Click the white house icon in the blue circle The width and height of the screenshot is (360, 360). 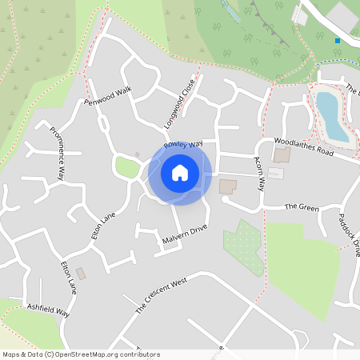pyautogui.click(x=180, y=172)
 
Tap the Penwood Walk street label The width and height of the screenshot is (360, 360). pyautogui.click(x=106, y=96)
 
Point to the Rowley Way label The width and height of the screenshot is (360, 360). pyautogui.click(x=184, y=145)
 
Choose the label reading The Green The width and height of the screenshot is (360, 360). pyautogui.click(x=302, y=208)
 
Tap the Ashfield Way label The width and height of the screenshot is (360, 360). pyautogui.click(x=48, y=310)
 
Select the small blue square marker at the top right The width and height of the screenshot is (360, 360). pyautogui.click(x=338, y=40)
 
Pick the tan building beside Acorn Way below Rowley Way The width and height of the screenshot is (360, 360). pyautogui.click(x=228, y=186)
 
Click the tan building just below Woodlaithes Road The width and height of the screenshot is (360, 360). pyautogui.click(x=282, y=154)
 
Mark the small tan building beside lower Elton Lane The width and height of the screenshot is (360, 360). pyautogui.click(x=81, y=274)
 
